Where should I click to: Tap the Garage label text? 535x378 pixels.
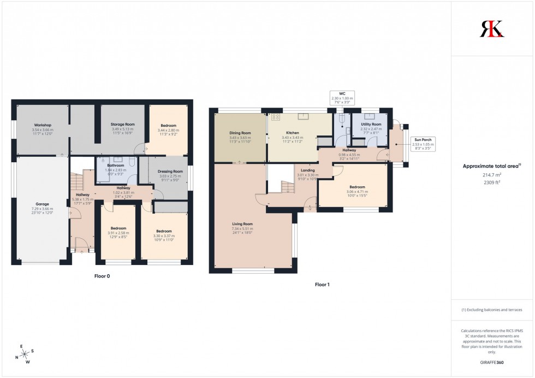(42, 204)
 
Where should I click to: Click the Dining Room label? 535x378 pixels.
(240, 132)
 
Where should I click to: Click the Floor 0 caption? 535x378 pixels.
(102, 276)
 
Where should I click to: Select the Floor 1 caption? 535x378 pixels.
(322, 285)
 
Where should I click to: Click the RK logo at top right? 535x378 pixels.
(492, 28)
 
